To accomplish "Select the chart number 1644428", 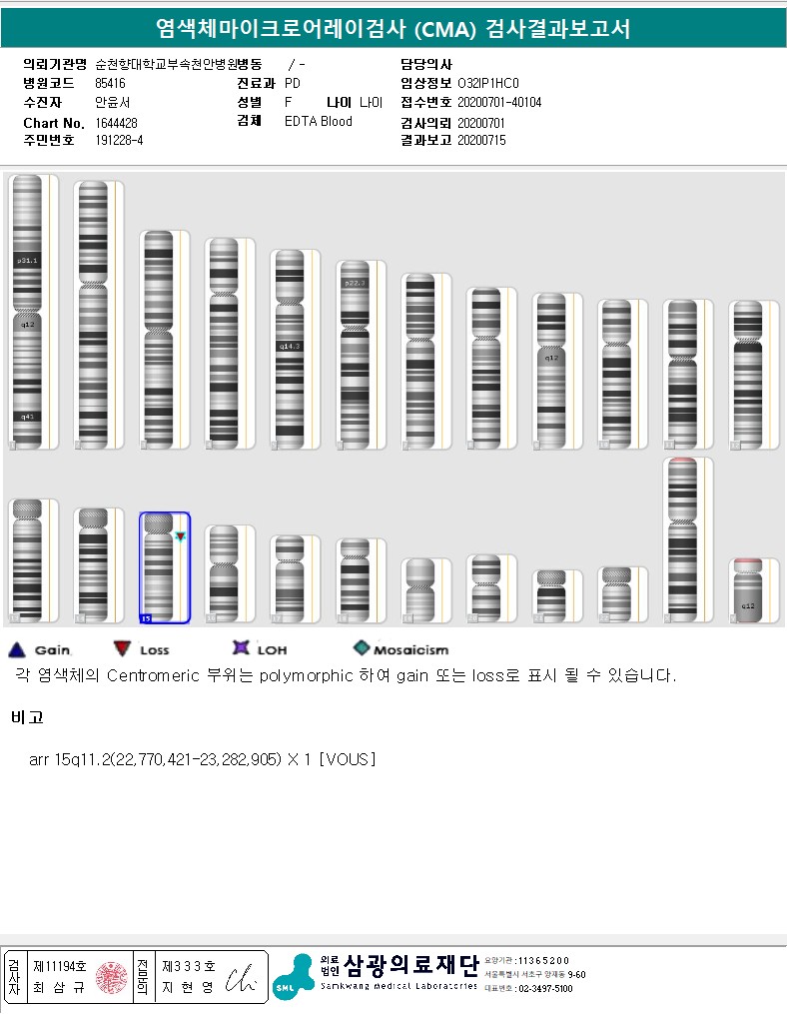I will [x=117, y=122].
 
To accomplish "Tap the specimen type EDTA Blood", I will [x=319, y=122].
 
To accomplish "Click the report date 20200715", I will [x=481, y=141].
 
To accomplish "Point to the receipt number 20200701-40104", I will [x=499, y=102].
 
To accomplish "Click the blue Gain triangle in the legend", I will [x=16, y=649].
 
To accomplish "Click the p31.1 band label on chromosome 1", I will [x=26, y=260].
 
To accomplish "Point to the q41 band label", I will [x=26, y=416].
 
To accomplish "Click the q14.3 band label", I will [x=290, y=346].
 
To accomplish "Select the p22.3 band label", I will [x=355, y=283].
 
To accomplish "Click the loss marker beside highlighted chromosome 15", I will [x=181, y=536].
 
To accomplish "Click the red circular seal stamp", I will [x=111, y=977].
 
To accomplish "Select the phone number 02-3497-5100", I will [x=544, y=988].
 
